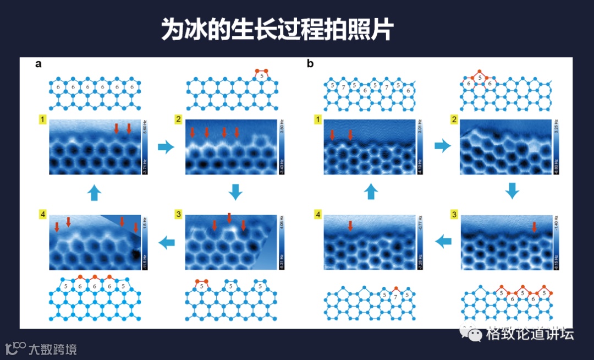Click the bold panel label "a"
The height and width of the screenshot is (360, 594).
(38, 64)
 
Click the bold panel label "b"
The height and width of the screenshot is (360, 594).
(310, 64)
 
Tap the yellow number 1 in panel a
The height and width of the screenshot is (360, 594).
(42, 119)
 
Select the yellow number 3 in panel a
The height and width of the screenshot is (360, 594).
(178, 214)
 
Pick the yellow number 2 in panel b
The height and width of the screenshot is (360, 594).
(453, 119)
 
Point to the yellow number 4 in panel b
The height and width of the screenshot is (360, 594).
(317, 214)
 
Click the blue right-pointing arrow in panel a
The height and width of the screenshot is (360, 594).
(166, 146)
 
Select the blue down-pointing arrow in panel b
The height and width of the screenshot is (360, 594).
(512, 191)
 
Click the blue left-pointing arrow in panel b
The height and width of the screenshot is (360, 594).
(443, 240)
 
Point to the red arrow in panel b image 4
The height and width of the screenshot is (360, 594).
(350, 225)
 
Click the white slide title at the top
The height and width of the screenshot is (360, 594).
(277, 30)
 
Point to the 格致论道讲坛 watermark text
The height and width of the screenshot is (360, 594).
(530, 334)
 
